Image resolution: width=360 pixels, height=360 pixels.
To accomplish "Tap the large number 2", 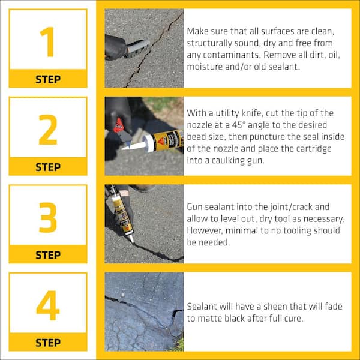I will click(x=47, y=129).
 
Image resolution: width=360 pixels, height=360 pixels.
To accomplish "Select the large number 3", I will click(x=47, y=217).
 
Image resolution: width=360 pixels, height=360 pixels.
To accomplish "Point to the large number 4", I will click(x=47, y=305).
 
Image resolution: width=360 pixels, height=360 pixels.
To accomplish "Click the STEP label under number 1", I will click(x=47, y=79).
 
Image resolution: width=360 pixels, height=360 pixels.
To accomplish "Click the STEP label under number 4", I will click(x=47, y=343).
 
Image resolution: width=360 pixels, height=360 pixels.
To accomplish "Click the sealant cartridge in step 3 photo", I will click(x=121, y=213).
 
